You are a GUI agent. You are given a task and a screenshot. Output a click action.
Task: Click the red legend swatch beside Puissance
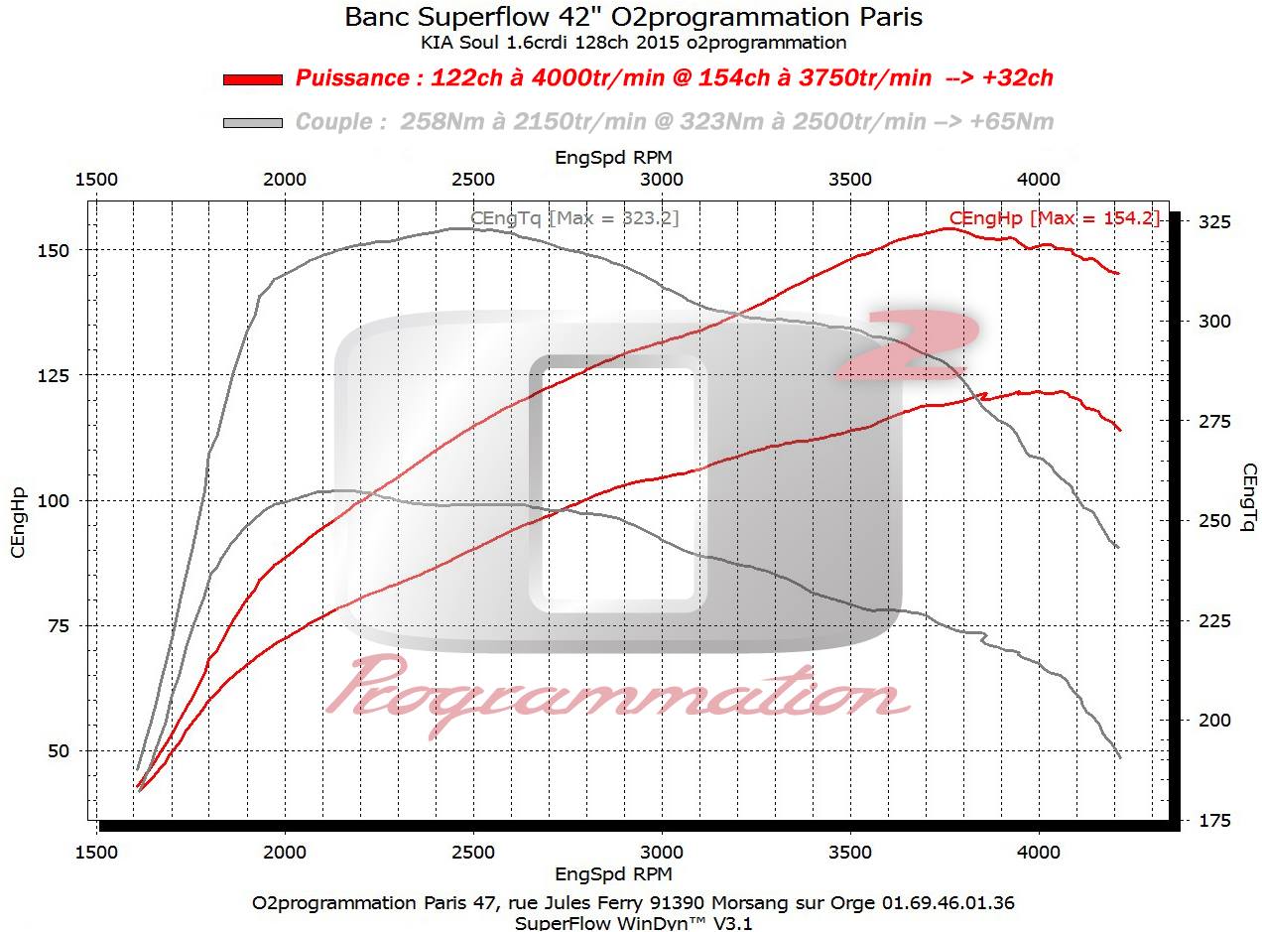coord(253,79)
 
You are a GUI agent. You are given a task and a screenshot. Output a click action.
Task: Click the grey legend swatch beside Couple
coord(253,123)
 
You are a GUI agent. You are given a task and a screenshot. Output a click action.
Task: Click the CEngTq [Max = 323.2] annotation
coord(574,218)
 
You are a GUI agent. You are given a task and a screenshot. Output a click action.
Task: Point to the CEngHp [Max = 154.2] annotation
coord(1054,218)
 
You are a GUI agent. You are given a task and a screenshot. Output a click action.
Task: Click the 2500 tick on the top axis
coord(473,180)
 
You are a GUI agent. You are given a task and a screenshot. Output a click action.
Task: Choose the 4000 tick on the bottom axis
coord(1039,852)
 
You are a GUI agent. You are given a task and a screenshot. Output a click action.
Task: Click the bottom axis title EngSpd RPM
coord(613,874)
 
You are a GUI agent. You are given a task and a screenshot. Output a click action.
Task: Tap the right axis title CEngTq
coord(1247,497)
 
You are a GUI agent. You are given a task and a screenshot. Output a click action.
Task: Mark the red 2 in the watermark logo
coord(908,344)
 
